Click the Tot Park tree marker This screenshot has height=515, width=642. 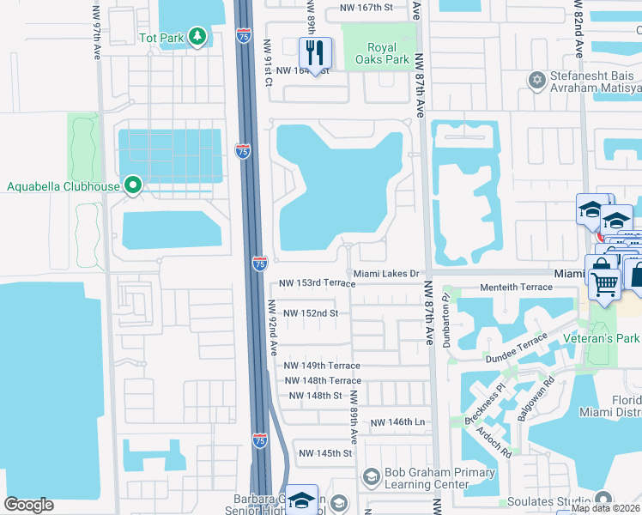tap(198, 36)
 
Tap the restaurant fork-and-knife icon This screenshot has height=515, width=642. tap(315, 53)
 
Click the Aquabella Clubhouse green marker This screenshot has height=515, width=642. tap(132, 185)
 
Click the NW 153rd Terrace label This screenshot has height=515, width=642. tap(317, 283)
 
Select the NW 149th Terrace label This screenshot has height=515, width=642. tap(322, 366)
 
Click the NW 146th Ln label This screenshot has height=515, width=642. tap(397, 423)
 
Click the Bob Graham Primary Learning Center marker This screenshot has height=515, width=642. tap(372, 476)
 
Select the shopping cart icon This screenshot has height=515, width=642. tap(605, 282)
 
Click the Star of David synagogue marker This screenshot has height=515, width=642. tap(538, 80)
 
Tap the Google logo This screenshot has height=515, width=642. tap(28, 505)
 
